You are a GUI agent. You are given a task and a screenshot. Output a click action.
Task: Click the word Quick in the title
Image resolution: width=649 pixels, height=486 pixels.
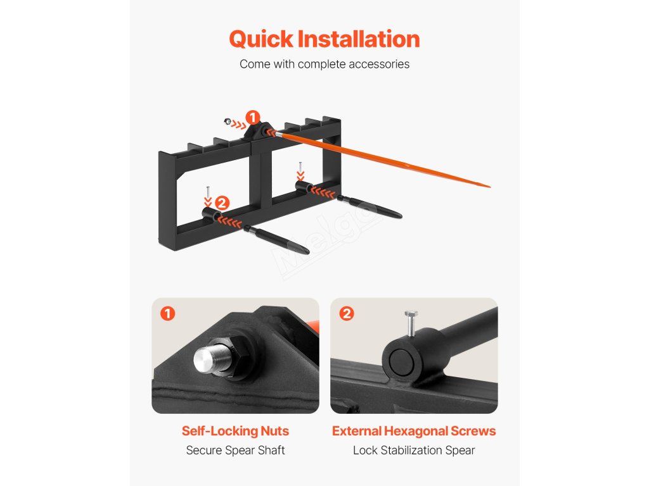click(261, 39)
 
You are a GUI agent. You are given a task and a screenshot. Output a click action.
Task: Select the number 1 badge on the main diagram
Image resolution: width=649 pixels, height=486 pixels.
click(252, 118)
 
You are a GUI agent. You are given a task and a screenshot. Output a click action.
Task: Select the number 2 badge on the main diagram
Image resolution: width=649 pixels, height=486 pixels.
click(222, 203)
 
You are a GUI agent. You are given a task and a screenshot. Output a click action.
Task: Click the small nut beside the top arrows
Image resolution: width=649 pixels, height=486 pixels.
click(228, 121)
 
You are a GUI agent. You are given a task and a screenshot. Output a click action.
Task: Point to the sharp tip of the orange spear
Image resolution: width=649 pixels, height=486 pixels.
click(490, 187)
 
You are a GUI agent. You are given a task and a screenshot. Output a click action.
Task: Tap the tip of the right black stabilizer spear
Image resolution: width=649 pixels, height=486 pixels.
click(401, 216)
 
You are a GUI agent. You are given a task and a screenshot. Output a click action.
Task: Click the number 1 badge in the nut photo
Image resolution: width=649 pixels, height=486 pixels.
click(167, 314)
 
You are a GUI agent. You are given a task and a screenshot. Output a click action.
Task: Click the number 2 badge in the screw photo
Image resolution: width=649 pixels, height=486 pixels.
click(347, 314)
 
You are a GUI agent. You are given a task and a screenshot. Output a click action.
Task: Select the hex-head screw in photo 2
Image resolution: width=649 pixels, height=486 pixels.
click(411, 323)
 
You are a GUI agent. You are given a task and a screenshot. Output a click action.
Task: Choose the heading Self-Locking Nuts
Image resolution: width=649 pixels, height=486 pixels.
click(235, 431)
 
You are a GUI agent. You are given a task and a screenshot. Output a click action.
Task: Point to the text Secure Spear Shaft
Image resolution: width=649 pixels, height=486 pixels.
click(235, 450)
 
